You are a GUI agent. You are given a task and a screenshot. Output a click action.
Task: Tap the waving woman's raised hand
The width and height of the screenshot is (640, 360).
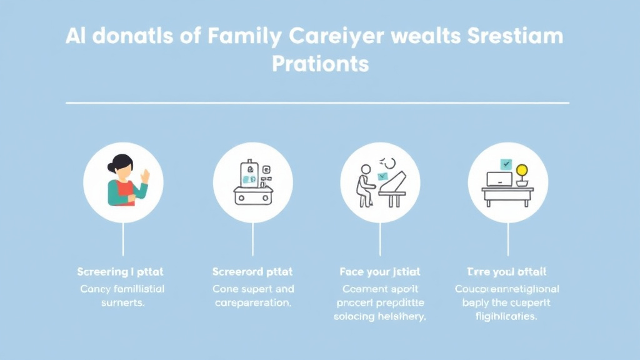pyautogui.click(x=145, y=176)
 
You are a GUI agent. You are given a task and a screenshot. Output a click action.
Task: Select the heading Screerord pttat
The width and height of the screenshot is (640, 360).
pyautogui.click(x=252, y=272)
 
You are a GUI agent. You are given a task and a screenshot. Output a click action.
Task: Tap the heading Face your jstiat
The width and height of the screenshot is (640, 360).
pyautogui.click(x=380, y=272)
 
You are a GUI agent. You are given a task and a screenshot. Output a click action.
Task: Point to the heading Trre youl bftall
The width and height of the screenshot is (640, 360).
pyautogui.click(x=507, y=272)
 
